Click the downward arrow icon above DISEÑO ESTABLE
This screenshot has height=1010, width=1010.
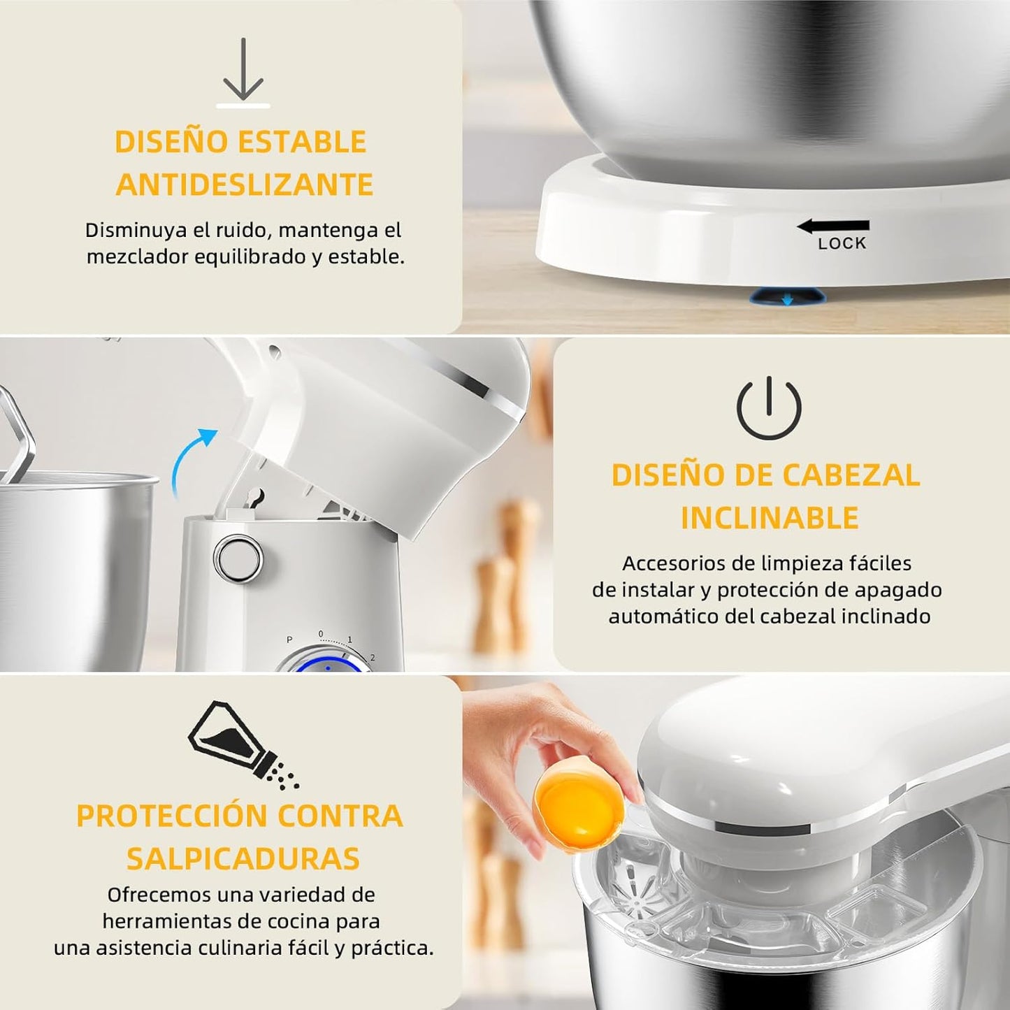pyautogui.click(x=243, y=70)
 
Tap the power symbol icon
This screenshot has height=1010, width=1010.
pyautogui.click(x=769, y=408)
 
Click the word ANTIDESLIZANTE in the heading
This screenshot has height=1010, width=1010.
pyautogui.click(x=245, y=185)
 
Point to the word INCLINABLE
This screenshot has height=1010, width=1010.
pyautogui.click(x=770, y=518)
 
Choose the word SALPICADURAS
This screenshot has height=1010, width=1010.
pyautogui.click(x=243, y=858)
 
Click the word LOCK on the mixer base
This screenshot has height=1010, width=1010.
pyautogui.click(x=842, y=243)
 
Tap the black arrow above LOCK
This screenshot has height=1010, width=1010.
pyautogui.click(x=833, y=226)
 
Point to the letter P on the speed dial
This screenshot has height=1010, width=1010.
pyautogui.click(x=289, y=640)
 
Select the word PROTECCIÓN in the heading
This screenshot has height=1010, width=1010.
pyautogui.click(x=171, y=816)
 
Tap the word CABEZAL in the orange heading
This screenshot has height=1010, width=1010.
pyautogui.click(x=851, y=475)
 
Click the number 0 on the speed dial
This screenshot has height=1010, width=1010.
pyautogui.click(x=321, y=634)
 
